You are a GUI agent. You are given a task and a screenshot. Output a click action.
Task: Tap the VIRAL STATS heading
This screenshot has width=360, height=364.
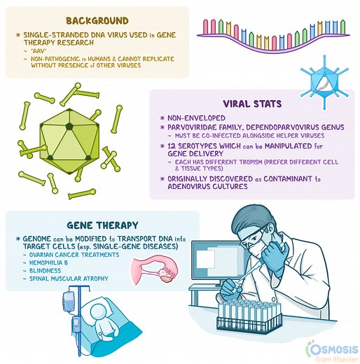[251, 104]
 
